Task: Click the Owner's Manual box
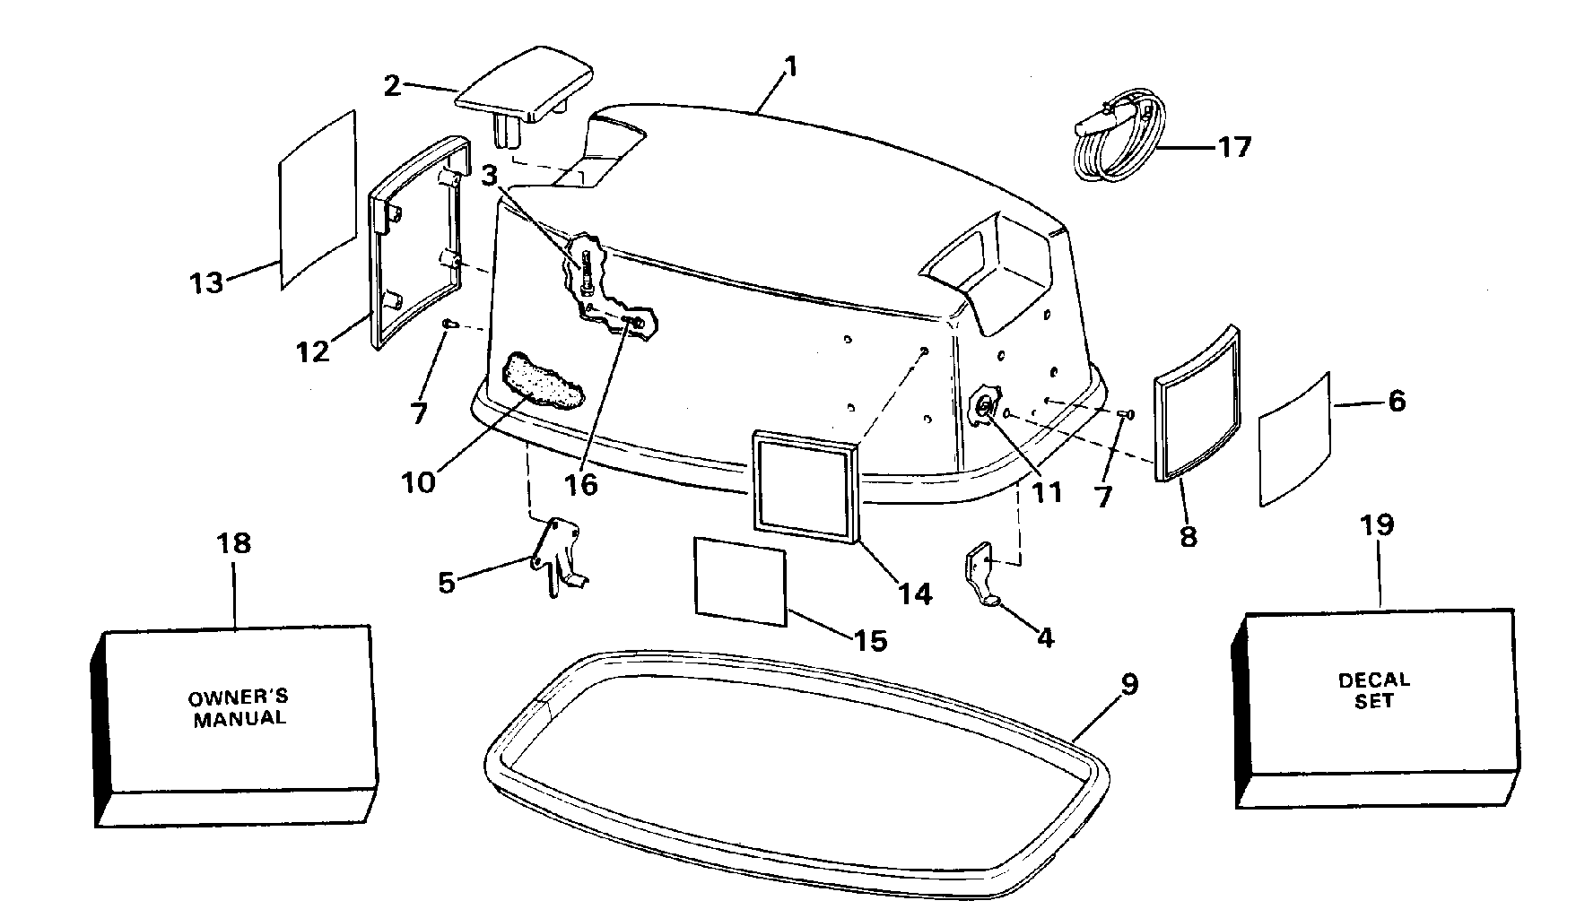point(235,725)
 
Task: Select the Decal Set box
point(1374,708)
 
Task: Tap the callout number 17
point(1234,146)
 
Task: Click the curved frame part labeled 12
point(421,243)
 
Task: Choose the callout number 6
point(1397,401)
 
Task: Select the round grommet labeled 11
point(985,408)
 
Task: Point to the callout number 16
point(581,484)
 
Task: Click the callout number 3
point(488,176)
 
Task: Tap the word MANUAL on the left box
point(239,718)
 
